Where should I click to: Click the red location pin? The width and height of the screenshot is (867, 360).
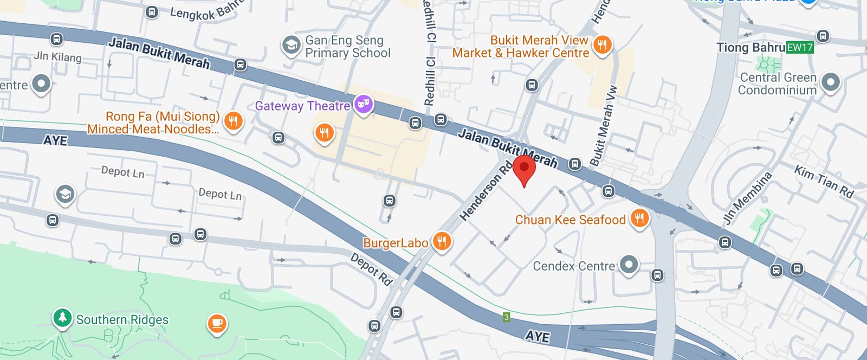click(524, 169)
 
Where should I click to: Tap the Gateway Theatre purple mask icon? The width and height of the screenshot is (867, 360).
click(364, 104)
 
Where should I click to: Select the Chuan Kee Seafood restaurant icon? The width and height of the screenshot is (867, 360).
click(640, 218)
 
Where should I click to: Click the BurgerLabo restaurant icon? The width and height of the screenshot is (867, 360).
click(442, 241)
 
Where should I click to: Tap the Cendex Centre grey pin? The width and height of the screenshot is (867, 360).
click(629, 265)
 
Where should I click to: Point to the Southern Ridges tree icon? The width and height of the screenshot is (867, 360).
click(62, 318)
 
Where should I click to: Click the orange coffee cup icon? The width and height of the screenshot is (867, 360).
click(217, 324)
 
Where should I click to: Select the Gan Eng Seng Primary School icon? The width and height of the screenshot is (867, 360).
click(291, 46)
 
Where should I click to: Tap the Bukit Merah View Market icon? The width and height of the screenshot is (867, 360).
click(602, 44)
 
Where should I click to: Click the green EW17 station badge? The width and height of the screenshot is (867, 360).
click(800, 48)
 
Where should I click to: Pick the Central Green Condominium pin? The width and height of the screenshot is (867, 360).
click(830, 82)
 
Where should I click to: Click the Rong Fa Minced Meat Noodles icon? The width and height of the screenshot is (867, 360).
click(233, 121)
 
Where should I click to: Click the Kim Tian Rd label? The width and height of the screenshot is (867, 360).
click(824, 182)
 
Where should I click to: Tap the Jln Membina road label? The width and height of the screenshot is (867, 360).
click(748, 198)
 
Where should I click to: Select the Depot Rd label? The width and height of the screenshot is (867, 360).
click(371, 269)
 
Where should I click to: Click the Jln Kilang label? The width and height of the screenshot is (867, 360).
click(57, 57)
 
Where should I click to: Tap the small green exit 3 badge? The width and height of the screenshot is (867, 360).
click(506, 317)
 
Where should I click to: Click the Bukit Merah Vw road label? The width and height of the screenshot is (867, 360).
click(603, 126)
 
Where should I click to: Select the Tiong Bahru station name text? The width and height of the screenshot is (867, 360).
click(750, 48)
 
